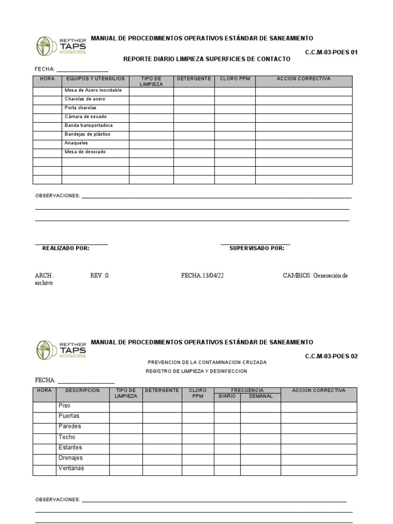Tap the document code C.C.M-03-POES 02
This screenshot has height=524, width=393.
(331, 356)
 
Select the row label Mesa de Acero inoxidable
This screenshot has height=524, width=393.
(93, 91)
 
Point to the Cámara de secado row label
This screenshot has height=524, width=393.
(85, 117)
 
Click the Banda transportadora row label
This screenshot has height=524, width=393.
(89, 125)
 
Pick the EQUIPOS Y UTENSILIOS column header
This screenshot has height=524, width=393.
(95, 79)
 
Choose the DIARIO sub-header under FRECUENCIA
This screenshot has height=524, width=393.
(227, 396)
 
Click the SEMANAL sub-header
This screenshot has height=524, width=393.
(260, 396)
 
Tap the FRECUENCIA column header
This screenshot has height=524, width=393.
(247, 390)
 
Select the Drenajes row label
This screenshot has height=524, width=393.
(71, 458)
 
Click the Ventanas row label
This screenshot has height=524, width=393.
(71, 468)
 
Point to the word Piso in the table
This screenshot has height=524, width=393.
(64, 406)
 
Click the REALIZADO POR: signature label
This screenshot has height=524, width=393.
(65, 248)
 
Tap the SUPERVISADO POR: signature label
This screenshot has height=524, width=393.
(257, 248)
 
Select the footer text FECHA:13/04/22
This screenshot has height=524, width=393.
(203, 275)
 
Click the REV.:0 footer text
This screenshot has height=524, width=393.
(99, 275)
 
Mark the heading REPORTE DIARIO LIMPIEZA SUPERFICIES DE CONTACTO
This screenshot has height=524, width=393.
(207, 59)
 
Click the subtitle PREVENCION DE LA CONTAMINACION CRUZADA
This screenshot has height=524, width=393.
(207, 362)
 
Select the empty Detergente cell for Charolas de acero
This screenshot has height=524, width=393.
(194, 99)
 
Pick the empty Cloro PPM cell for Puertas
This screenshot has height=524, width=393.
(198, 417)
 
